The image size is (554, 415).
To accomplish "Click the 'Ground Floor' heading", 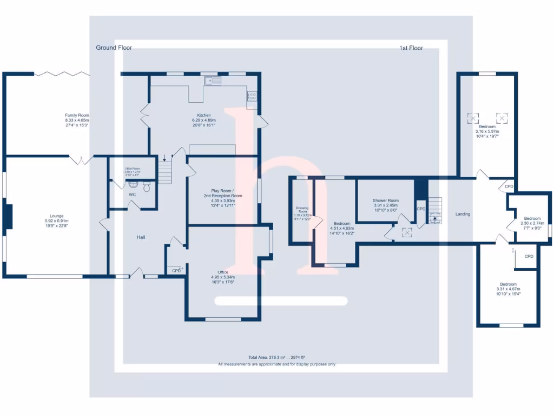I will click(114, 48).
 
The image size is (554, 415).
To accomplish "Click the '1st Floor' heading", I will click(411, 48).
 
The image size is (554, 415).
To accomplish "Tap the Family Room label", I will click(77, 115).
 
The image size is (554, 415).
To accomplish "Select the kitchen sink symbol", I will click(213, 81).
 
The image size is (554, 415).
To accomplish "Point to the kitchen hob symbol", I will click(252, 96).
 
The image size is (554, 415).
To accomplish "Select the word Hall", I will click(140, 237).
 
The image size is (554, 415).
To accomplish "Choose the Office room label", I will click(223, 272).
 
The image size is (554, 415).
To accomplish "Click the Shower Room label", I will click(385, 200).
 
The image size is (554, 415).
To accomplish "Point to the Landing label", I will click(463, 214).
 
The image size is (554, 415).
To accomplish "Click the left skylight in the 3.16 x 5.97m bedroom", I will click(473, 117).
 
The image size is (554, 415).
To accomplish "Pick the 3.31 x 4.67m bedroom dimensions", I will click(508, 289).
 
